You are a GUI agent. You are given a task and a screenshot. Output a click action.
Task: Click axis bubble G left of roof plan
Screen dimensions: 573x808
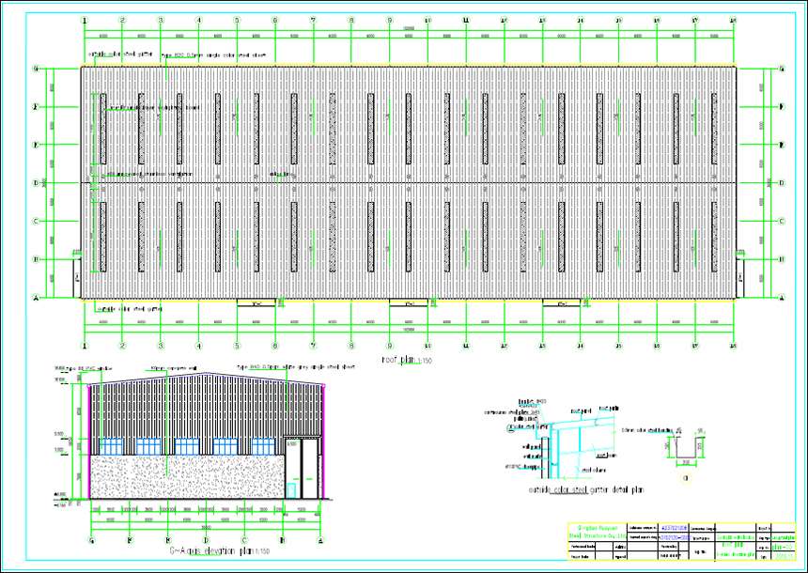(x=36, y=69)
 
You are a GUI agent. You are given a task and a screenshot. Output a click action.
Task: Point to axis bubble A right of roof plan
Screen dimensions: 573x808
(x=782, y=298)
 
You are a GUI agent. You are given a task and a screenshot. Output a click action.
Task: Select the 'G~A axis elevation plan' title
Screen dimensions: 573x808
(x=202, y=550)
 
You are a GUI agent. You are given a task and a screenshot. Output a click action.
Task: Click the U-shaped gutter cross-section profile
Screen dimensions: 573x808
(x=685, y=451)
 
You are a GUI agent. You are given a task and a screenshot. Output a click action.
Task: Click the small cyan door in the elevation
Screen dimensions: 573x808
(x=291, y=488)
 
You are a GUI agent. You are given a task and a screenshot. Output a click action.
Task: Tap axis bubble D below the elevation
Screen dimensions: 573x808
(x=206, y=540)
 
